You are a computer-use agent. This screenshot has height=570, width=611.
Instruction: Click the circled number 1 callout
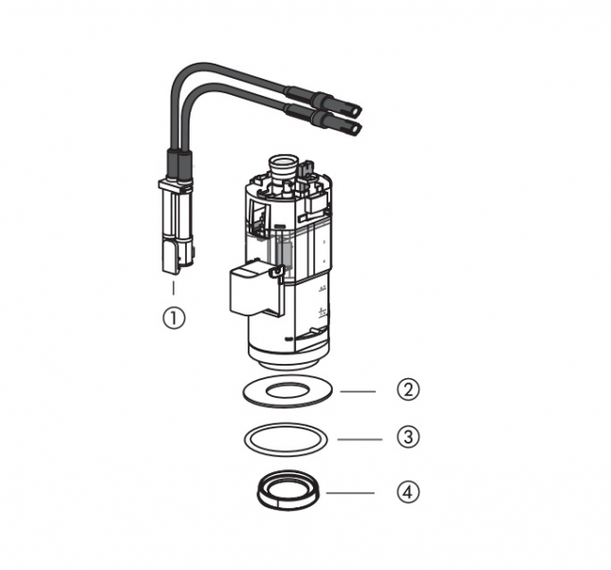[174, 317]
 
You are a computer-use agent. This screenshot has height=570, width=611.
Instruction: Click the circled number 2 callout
[408, 389]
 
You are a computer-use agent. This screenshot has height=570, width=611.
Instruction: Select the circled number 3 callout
[408, 437]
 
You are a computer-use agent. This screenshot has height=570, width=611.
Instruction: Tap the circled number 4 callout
[408, 491]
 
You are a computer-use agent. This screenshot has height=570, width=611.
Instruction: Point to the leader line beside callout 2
[358, 391]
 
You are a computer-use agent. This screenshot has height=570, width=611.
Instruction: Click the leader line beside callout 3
[360, 439]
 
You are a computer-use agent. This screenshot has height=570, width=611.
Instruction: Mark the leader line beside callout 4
[350, 493]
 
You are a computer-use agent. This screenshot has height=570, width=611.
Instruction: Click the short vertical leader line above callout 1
[174, 288]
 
